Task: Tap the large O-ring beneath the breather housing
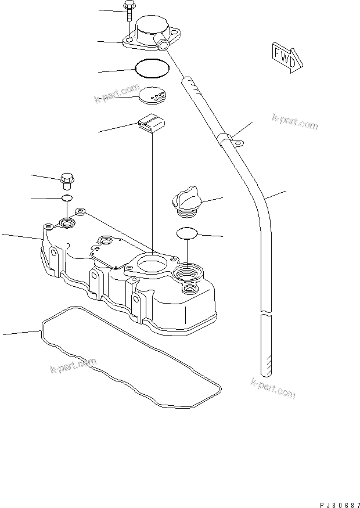tap(152, 68)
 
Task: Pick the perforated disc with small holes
tap(152, 95)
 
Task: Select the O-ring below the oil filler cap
tap(187, 233)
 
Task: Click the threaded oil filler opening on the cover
tap(188, 272)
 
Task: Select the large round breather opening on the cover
tap(151, 263)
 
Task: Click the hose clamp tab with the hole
tap(238, 142)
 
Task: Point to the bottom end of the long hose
tap(266, 374)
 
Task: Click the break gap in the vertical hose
tap(266, 314)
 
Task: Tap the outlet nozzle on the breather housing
tap(161, 44)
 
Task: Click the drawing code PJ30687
tap(339, 505)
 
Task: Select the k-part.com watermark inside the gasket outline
tap(73, 365)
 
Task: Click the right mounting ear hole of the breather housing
tap(176, 33)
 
